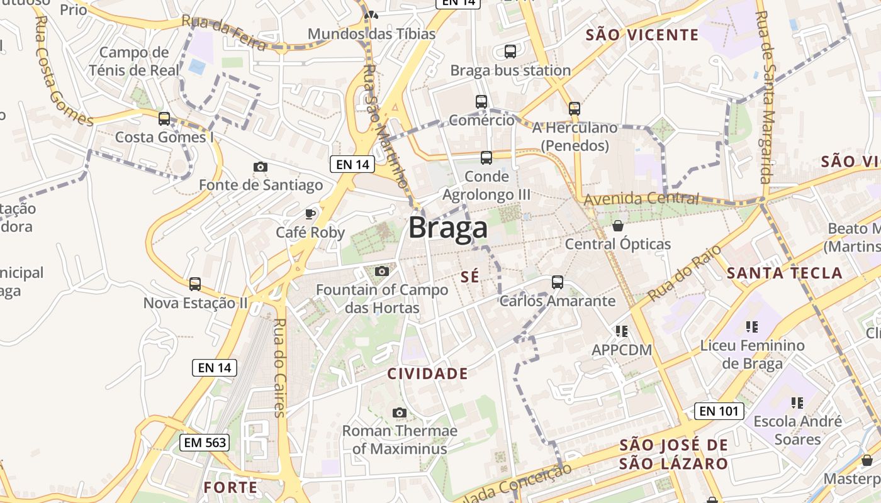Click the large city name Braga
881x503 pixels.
[448, 228]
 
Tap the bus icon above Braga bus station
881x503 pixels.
[510, 52]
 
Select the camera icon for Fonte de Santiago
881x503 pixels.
[261, 167]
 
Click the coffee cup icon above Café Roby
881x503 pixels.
[310, 214]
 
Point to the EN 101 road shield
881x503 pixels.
[719, 412]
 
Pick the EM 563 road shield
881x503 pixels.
[204, 443]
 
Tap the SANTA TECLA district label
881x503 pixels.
[784, 273]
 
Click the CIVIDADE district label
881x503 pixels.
[427, 374]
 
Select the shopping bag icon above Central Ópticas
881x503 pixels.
[618, 225]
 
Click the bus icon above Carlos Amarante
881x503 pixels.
[558, 282]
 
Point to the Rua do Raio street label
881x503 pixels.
[685, 273]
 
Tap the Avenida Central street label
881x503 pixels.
[641, 199]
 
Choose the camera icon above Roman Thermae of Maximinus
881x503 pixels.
[399, 413]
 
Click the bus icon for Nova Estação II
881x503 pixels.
[195, 284]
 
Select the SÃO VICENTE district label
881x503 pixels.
[642, 35]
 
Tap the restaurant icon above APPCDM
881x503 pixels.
[622, 331]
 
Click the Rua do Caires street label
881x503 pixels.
[280, 368]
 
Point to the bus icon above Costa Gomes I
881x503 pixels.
[164, 118]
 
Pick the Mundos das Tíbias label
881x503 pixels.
[371, 34]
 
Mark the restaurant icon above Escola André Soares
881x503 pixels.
[797, 402]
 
